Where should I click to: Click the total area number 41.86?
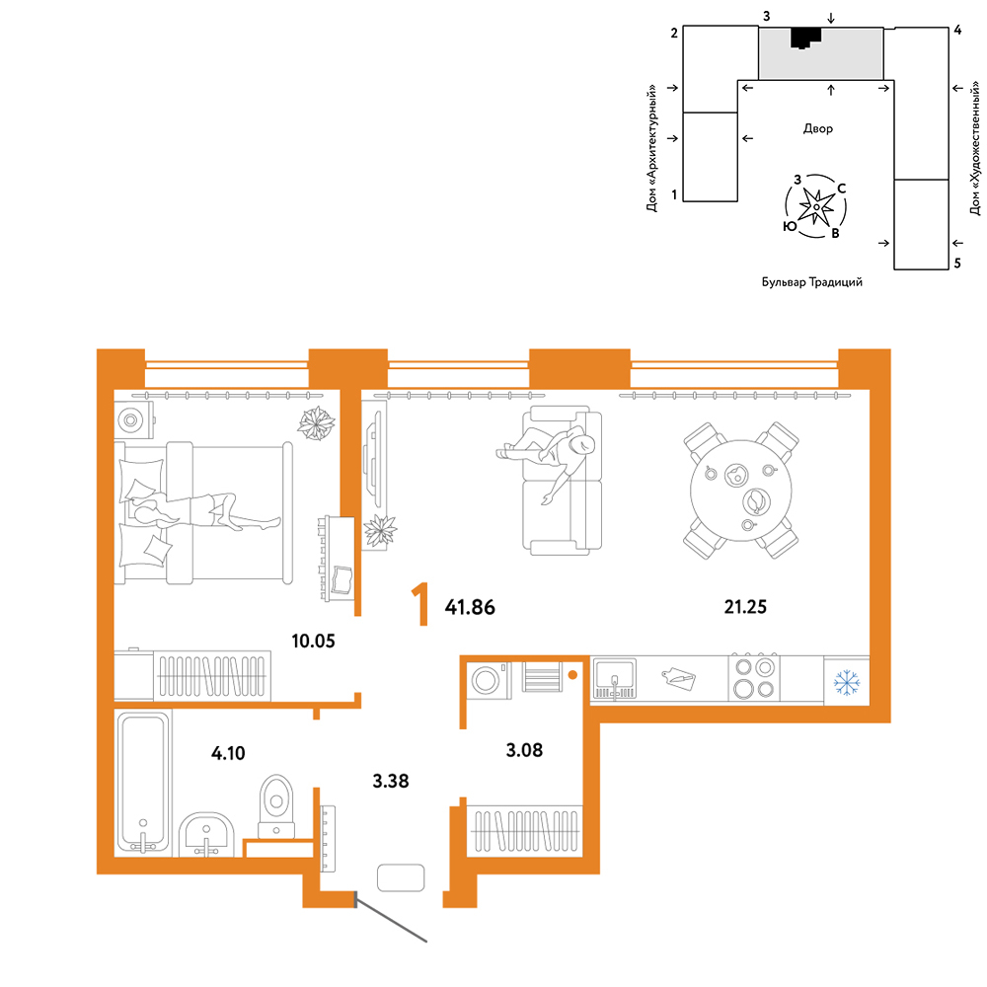coord(470,607)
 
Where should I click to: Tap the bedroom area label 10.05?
coord(313,641)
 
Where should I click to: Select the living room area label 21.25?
coord(745,607)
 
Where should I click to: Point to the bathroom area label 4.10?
coord(228,753)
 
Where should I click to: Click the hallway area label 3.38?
coord(390,781)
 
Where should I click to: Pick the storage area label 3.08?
coord(524,750)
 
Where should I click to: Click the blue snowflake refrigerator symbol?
coord(847,682)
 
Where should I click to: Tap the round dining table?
coord(741,490)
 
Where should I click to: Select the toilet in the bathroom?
coord(276,806)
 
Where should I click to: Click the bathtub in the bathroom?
coord(143,782)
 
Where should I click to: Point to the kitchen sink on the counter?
coord(614,679)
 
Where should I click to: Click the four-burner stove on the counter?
coord(754,677)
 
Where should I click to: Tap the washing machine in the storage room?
coord(489,680)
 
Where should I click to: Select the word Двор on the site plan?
coord(817,129)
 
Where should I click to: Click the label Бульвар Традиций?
coord(812,282)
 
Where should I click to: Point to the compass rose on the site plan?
coord(816,206)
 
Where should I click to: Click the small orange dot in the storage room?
coord(572,675)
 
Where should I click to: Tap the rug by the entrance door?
coord(401,877)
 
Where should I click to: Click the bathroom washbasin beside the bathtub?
coord(206,835)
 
